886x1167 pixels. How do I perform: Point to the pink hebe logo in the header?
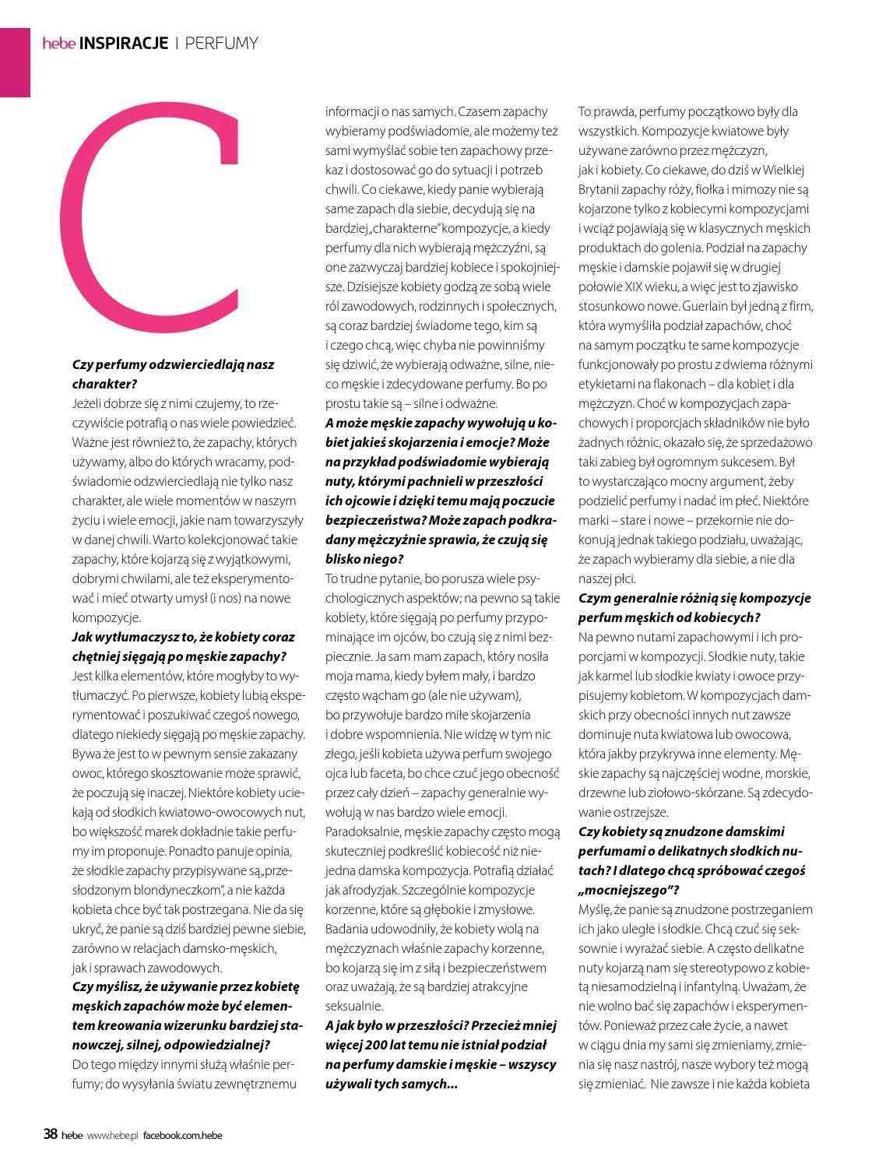point(58,44)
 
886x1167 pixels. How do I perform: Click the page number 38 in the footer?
point(50,1134)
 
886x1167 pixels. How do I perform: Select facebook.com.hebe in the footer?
point(182,1135)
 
